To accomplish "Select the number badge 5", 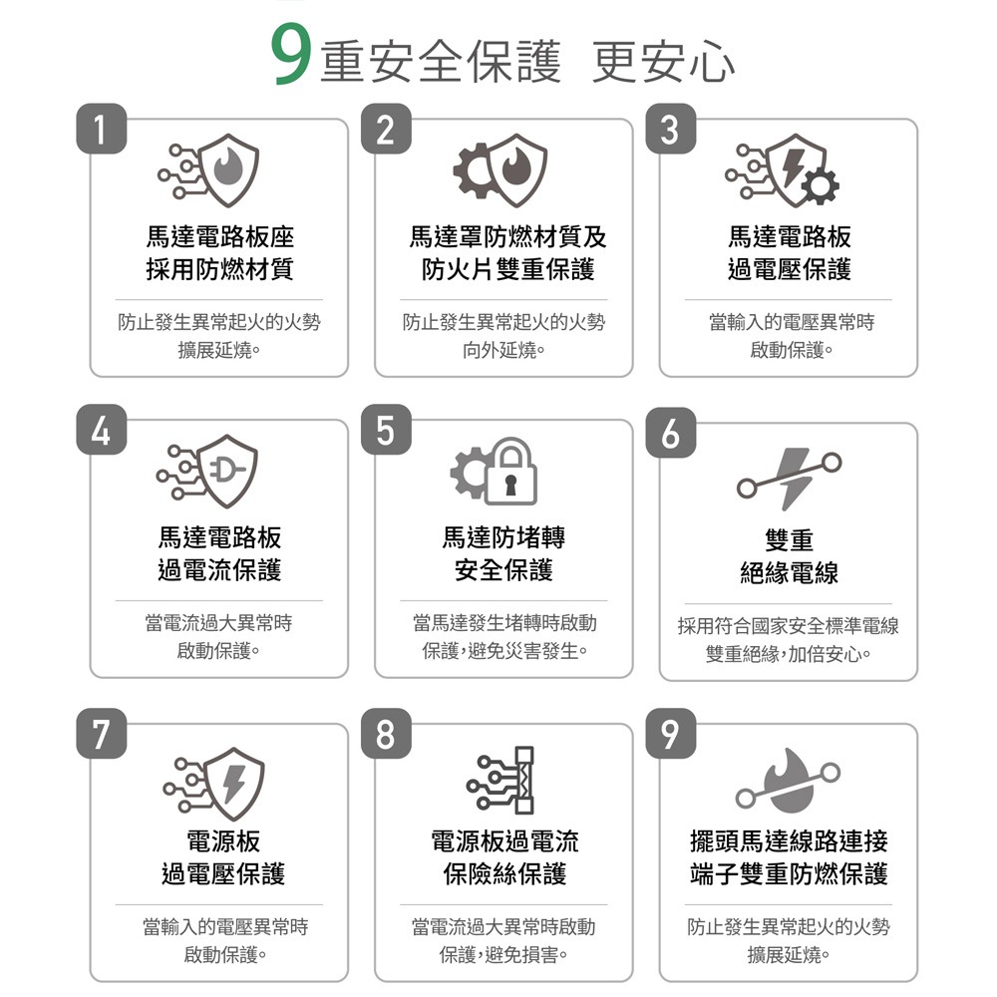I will pos(386,432).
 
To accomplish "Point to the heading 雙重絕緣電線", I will pos(789,556).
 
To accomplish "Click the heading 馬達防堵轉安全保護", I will pos(503,553).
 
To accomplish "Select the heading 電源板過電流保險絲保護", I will pos(503,857).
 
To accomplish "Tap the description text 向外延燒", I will pos(503,350).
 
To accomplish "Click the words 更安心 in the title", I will pos(663,62).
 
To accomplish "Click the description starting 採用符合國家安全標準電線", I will pos(789,626).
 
